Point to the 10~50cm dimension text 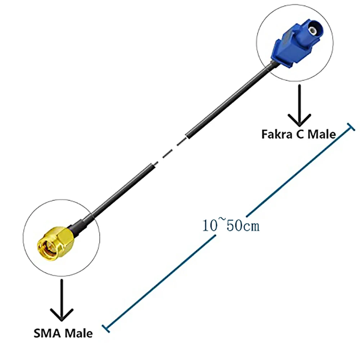click(x=231, y=226)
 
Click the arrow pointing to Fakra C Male click(x=299, y=108)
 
